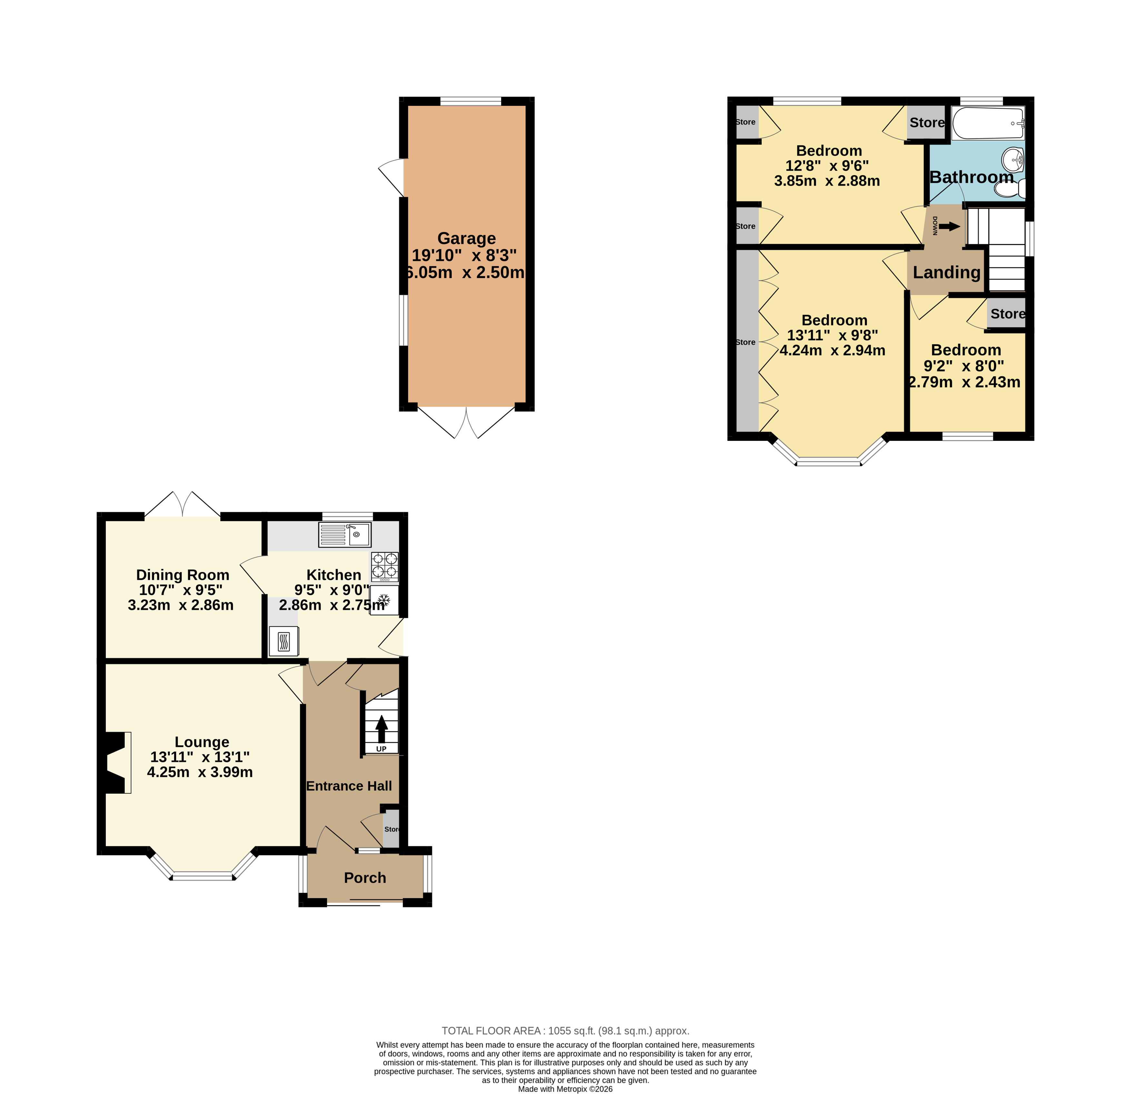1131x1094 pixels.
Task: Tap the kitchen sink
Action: click(x=344, y=535)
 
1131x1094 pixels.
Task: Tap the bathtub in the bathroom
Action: click(x=988, y=123)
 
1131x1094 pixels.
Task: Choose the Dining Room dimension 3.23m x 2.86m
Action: click(x=181, y=605)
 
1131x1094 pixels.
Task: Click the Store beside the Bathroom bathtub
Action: click(x=927, y=122)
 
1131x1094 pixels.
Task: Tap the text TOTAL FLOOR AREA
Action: click(x=491, y=1030)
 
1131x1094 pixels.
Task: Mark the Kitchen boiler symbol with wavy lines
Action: click(x=284, y=641)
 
